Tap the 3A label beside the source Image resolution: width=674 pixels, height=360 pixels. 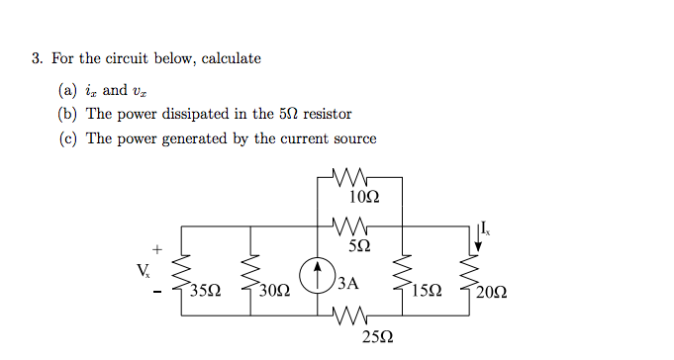click(x=346, y=283)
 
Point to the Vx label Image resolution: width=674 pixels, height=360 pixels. click(x=144, y=268)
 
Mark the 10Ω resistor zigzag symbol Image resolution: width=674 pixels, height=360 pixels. click(x=353, y=178)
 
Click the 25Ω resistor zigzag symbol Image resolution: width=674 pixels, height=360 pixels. click(x=353, y=317)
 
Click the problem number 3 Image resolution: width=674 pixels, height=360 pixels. click(x=35, y=58)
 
